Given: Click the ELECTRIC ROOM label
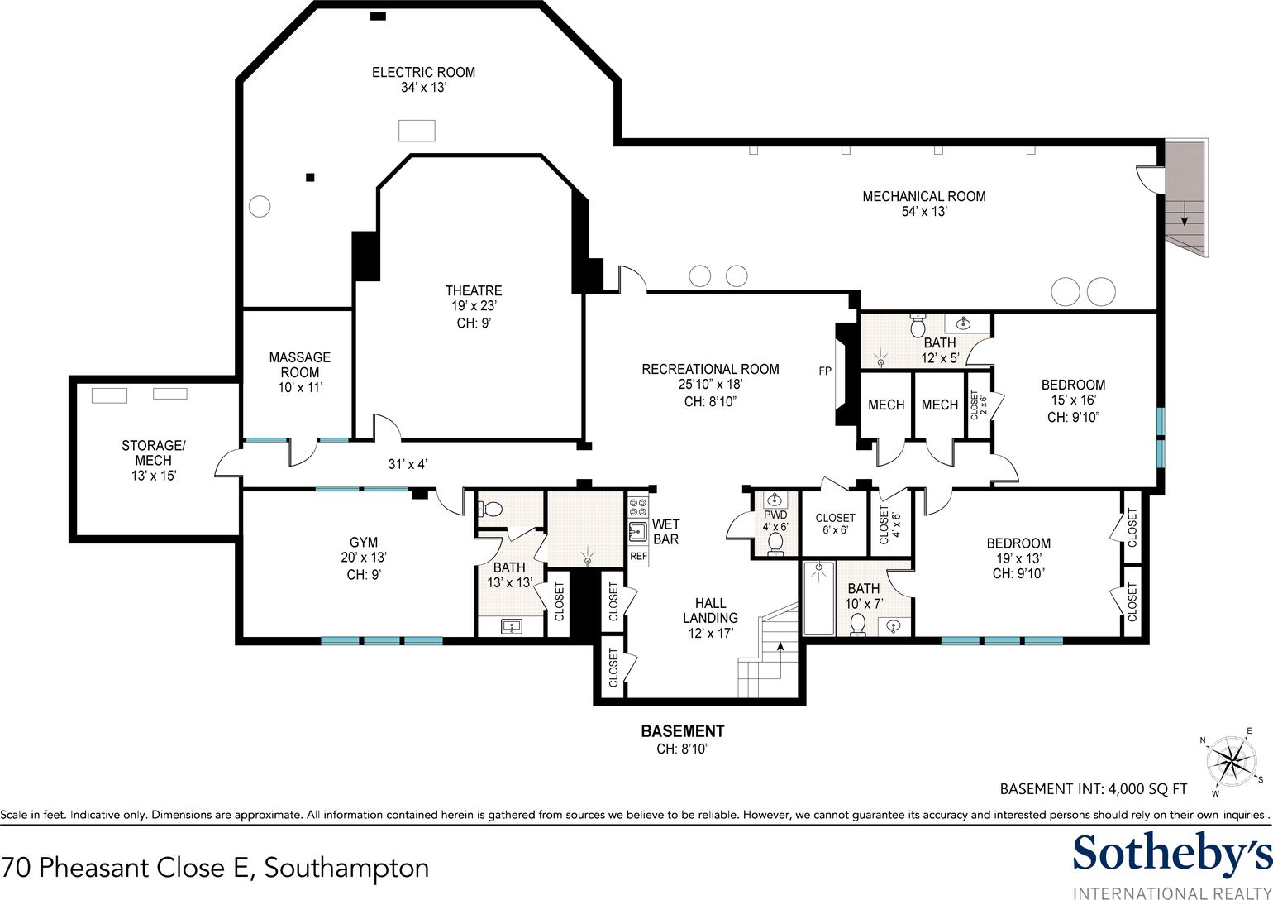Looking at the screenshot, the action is point(423,72).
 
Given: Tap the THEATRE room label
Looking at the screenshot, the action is point(474,290).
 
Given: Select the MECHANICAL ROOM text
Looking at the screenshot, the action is point(924,196).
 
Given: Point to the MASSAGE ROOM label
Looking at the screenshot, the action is point(299,365).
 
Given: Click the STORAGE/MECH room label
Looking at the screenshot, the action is point(154,452).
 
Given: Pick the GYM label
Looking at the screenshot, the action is point(364,543).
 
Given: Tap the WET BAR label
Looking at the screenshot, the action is point(665,532).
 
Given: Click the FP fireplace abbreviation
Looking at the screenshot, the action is point(825,371).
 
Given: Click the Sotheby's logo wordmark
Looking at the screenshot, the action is point(1172,853).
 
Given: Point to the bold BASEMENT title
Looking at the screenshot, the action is point(683,731).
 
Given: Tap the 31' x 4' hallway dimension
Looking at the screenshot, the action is point(408,464).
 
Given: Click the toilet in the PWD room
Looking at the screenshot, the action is point(775,544).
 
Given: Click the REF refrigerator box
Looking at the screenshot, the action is point(638,556).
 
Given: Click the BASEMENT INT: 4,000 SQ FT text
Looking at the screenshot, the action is point(1094,789).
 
